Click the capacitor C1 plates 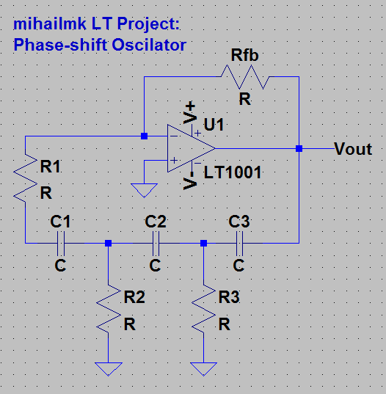(61, 243)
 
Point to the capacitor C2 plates (155, 243)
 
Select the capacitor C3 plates (238, 243)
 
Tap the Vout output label (353, 149)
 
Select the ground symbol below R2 (109, 368)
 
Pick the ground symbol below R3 (203, 368)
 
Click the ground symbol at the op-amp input (144, 189)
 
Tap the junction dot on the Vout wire (299, 148)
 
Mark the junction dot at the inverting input (144, 136)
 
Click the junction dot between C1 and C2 (109, 243)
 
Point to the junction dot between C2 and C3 (203, 243)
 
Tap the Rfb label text (244, 56)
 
